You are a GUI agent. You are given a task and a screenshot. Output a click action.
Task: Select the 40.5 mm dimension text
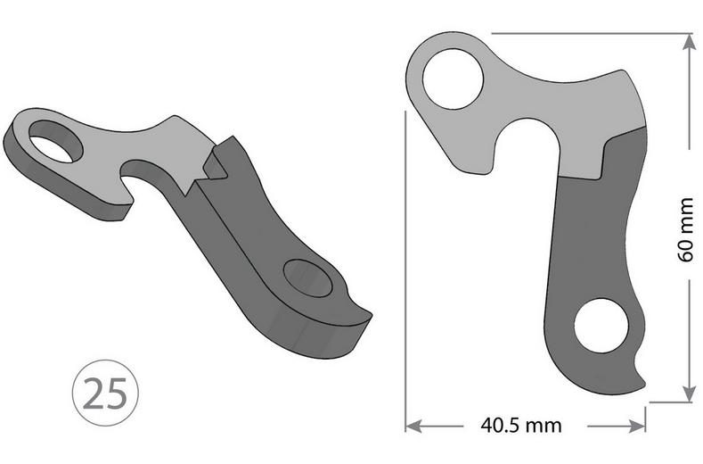(x=522, y=425)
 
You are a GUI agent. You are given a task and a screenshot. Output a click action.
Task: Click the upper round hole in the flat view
(x=453, y=80)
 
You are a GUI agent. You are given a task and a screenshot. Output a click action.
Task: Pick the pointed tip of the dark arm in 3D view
(x=365, y=312)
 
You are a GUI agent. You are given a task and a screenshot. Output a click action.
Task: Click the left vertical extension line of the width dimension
(x=405, y=268)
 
